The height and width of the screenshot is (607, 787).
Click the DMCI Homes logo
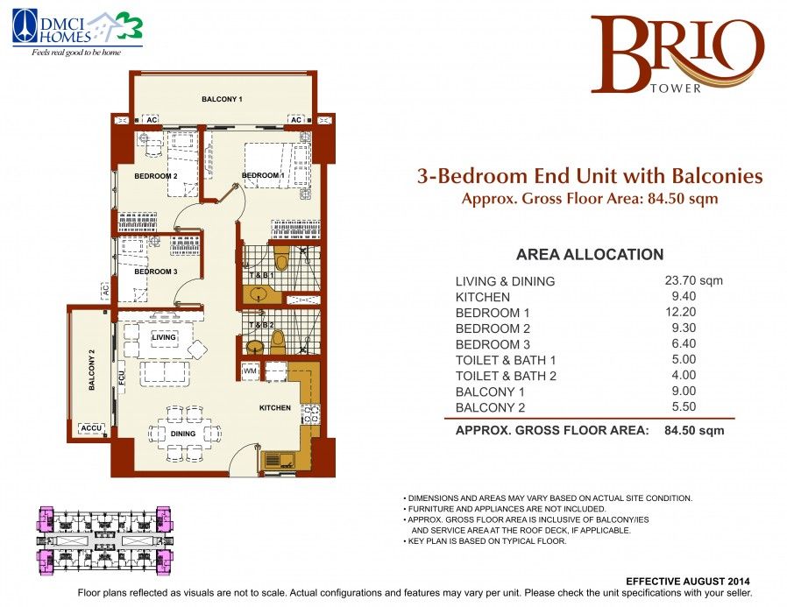point(77,33)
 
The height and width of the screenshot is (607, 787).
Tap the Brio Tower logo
point(677,54)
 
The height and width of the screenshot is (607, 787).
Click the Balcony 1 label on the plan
point(222,99)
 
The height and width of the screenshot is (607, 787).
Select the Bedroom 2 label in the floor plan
point(156,176)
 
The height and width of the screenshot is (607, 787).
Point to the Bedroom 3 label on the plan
point(156,272)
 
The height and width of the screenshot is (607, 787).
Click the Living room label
point(164,337)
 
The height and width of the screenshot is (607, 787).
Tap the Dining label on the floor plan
point(182,434)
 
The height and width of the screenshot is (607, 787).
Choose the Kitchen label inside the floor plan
point(275,408)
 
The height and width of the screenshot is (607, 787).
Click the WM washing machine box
point(250,371)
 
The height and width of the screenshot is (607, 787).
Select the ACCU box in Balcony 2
point(91,428)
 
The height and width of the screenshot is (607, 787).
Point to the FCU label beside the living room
point(122,378)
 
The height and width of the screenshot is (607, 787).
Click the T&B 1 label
point(262,275)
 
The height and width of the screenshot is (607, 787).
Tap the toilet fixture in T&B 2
point(278,341)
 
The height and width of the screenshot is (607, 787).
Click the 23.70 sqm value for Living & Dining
point(693,280)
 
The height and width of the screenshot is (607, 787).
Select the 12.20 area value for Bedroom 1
point(681,312)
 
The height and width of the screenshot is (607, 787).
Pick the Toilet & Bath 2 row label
point(506,376)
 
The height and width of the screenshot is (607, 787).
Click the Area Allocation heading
point(590,254)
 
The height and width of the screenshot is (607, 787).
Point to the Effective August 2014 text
point(688,582)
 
